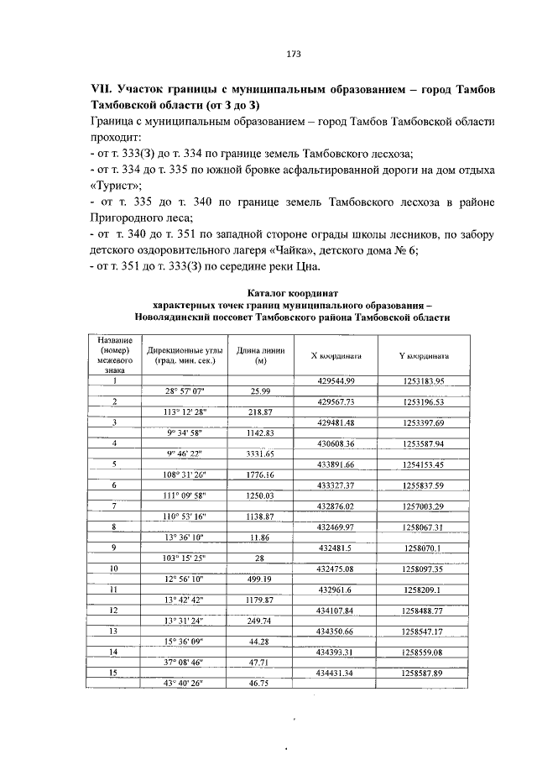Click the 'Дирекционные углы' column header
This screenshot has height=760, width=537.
click(184, 350)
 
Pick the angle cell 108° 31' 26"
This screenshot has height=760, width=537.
click(184, 474)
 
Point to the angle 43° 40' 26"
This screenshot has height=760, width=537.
click(184, 684)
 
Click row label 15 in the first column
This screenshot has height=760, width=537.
click(114, 673)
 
